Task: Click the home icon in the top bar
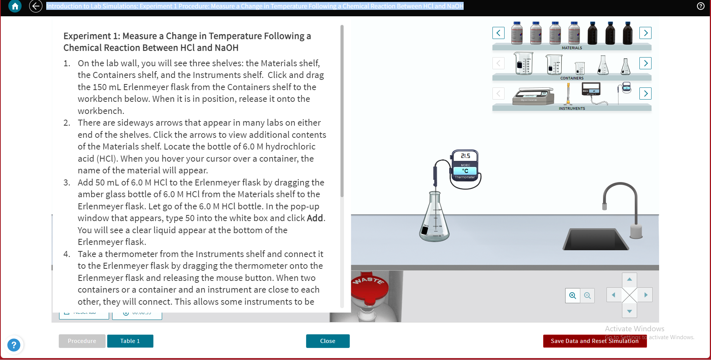click(x=15, y=6)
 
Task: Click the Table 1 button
click(x=130, y=341)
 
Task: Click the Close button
click(x=328, y=341)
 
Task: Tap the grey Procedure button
click(x=82, y=341)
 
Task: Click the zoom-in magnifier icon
click(x=573, y=296)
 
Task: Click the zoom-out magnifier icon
click(x=587, y=296)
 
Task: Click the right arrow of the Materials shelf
click(x=645, y=33)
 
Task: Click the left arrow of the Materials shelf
click(x=498, y=33)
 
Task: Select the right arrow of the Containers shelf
click(x=645, y=63)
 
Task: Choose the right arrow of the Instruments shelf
click(x=645, y=94)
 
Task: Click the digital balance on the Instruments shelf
click(x=533, y=97)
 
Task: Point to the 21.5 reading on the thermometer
click(x=465, y=156)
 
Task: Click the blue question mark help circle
click(x=14, y=345)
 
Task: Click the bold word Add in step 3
click(x=315, y=218)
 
